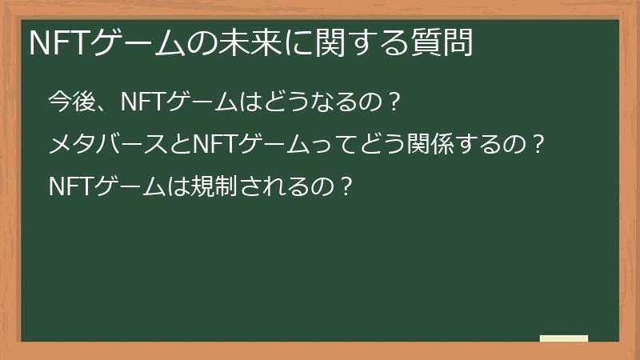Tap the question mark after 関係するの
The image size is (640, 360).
pyautogui.click(x=538, y=145)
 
